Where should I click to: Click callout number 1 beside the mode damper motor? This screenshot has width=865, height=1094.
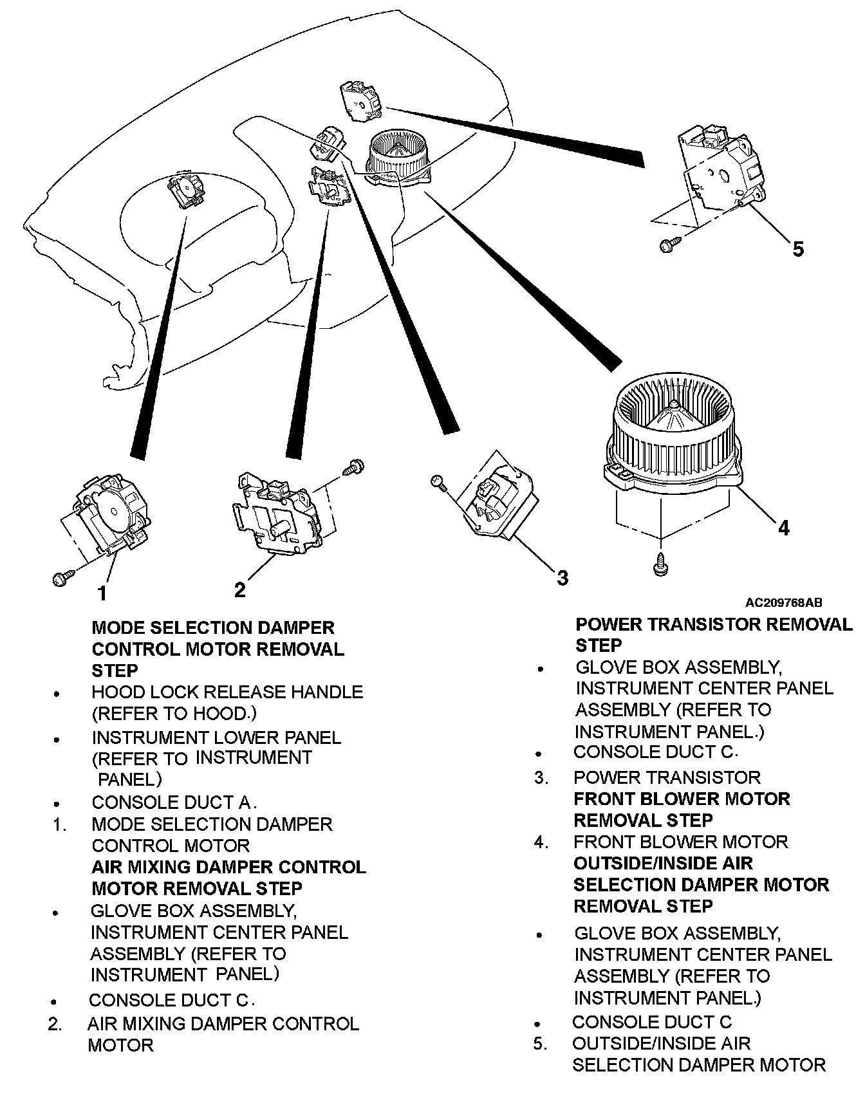[x=102, y=593]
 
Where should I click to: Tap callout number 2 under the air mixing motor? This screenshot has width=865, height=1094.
[x=240, y=589]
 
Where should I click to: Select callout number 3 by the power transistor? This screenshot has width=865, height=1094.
[x=562, y=577]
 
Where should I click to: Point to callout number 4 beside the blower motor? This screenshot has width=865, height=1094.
[x=783, y=528]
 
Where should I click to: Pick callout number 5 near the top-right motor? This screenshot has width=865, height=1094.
[x=798, y=248]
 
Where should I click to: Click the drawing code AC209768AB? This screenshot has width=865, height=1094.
[x=783, y=603]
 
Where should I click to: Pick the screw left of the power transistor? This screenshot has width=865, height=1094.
[x=437, y=481]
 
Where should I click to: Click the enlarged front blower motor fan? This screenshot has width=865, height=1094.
[x=673, y=438]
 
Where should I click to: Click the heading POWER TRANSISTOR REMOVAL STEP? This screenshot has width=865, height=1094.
[x=713, y=635]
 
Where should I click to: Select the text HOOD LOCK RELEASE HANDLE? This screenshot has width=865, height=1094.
[x=227, y=692]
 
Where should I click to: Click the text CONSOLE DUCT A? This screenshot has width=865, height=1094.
[x=174, y=802]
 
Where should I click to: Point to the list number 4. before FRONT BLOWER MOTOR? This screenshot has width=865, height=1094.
[x=541, y=842]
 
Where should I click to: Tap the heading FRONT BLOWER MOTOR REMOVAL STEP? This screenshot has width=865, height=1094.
[x=681, y=810]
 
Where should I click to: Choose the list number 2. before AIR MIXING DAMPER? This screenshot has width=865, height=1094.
[x=55, y=1024]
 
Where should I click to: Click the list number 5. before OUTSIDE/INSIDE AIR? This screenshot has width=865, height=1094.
[x=540, y=1043]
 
